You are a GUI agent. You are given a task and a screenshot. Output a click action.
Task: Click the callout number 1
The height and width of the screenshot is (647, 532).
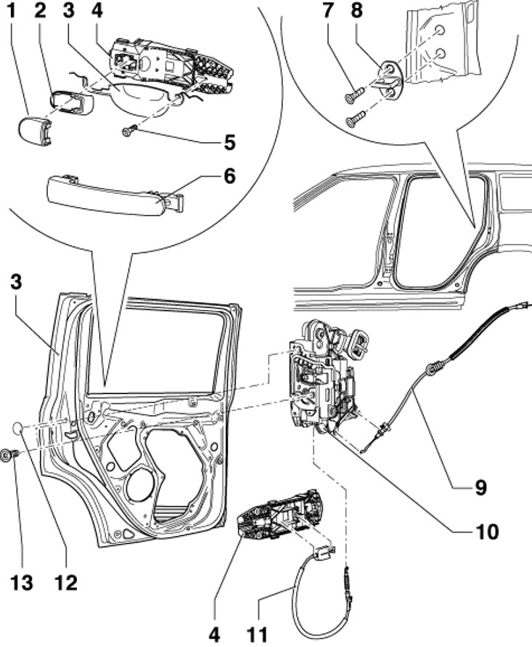pos(11,10)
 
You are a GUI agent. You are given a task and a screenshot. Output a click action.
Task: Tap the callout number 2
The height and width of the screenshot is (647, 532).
pos(40,10)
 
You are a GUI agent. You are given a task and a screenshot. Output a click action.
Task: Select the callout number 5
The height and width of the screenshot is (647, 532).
pos(229,142)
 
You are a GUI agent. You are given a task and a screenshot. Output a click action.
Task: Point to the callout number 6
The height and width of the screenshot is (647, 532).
pos(229,176)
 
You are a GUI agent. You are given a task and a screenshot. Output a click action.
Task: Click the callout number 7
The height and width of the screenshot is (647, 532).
pos(327,10)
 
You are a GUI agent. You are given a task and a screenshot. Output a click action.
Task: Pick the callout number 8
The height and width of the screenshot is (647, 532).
pos(356,10)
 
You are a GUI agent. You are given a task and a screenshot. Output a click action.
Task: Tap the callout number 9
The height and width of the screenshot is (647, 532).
pos(480,487)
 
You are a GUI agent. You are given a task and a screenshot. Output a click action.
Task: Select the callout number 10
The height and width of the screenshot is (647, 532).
pos(488,532)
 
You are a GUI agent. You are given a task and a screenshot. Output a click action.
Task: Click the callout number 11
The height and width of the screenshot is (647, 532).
pos(258,634)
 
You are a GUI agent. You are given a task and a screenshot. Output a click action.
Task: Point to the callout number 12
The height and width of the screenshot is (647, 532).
pos(65,582)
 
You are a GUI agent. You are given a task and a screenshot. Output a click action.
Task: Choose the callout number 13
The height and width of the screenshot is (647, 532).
pos(21,582)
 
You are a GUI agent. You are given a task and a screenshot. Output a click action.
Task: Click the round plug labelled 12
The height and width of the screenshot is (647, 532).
pos(17,428)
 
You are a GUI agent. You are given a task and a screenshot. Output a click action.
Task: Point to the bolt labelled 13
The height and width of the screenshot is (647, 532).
pos(10,455)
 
